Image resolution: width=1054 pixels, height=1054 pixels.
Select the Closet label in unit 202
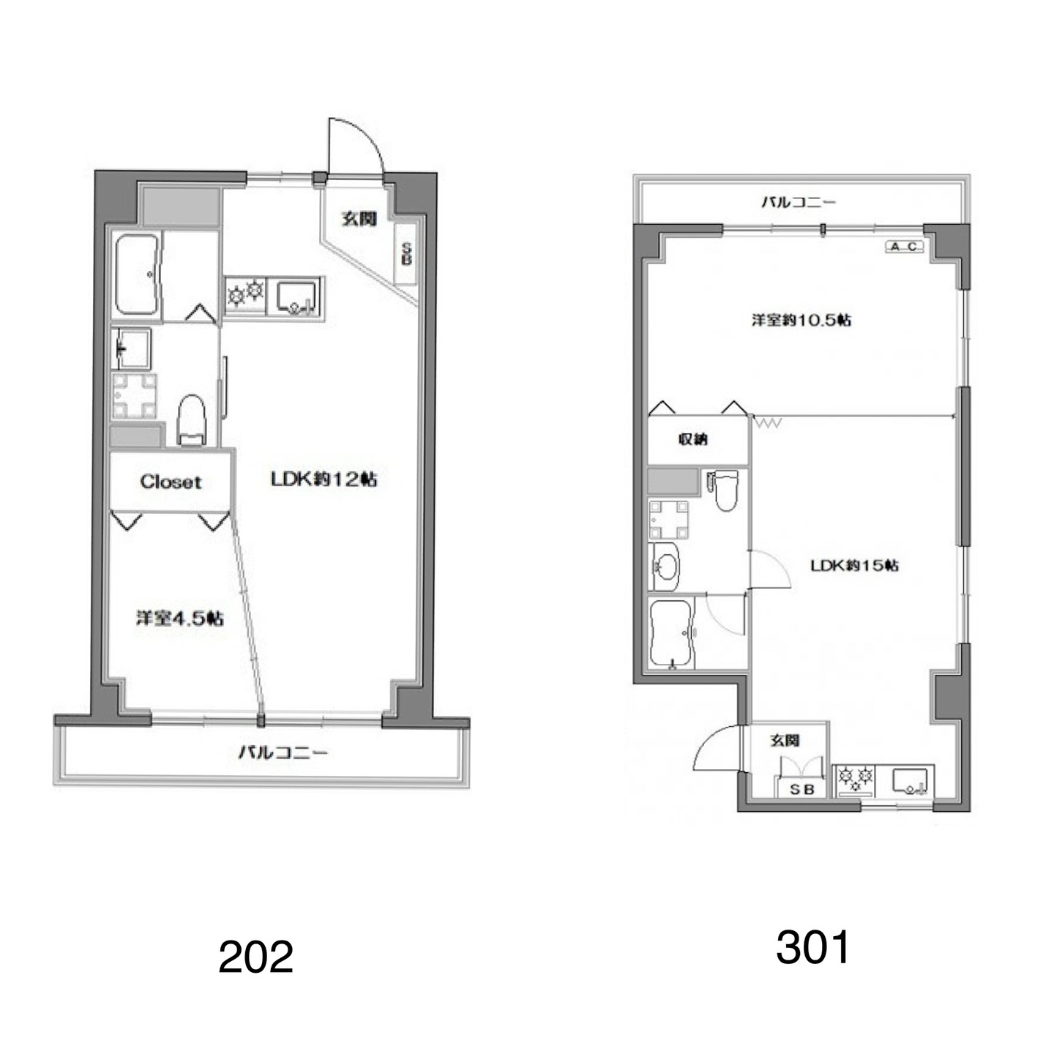pos(171,482)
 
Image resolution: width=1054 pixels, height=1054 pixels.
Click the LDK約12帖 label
pos(324,479)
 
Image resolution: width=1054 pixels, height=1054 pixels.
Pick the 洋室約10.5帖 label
pos(801,320)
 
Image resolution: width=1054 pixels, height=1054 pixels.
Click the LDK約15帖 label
pos(854,566)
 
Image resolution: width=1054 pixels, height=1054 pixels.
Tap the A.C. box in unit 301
pos(905,247)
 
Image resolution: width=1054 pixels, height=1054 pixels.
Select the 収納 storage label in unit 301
pos(693,438)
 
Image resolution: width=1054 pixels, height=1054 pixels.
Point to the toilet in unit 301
pos(725,490)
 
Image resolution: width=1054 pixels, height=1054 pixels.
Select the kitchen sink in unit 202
pos(296,297)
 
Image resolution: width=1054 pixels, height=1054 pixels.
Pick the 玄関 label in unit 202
pos(359,220)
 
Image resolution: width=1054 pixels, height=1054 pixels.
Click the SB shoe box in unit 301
pos(803,789)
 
